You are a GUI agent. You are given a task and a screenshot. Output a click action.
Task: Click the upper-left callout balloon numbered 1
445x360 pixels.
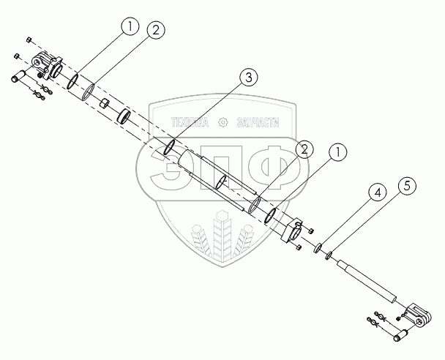(129, 28)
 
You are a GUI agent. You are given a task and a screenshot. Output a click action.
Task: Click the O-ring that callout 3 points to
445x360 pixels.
(170, 147)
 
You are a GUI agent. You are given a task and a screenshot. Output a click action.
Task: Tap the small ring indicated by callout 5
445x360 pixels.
(329, 255)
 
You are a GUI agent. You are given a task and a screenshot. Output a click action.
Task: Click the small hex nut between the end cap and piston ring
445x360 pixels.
(105, 102)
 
